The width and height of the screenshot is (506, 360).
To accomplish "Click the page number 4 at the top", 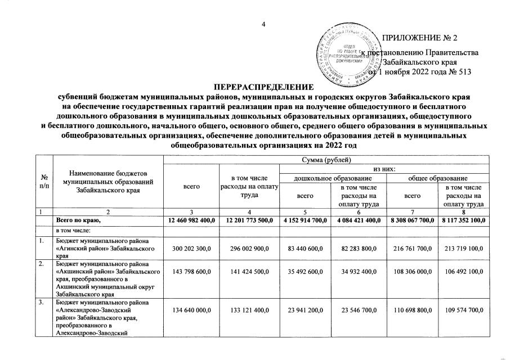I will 263,24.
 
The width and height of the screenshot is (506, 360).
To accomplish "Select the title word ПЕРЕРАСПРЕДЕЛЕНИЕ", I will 263,88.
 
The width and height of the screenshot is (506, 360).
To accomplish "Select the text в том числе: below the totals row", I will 72,231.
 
